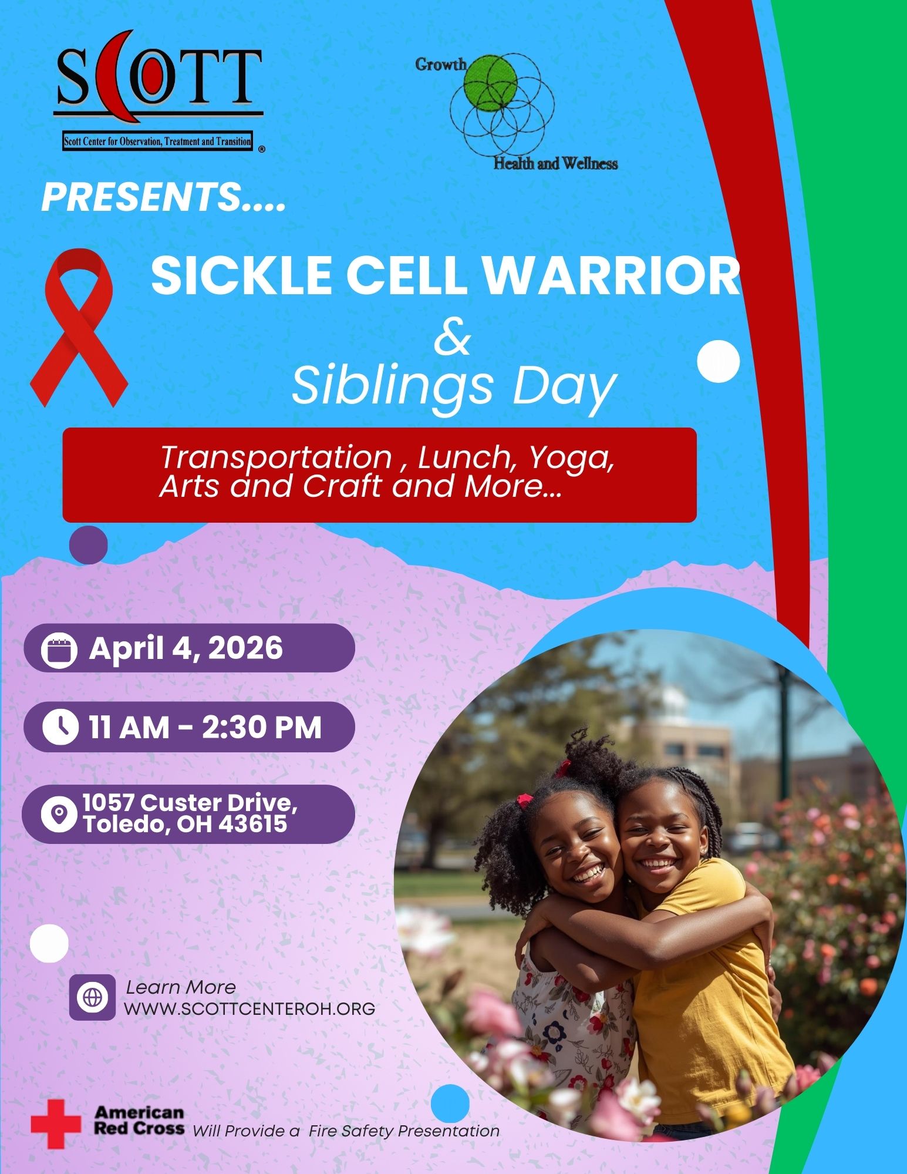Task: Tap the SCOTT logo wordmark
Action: click(x=159, y=78)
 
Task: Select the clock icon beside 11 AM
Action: click(x=60, y=727)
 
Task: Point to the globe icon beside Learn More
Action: click(x=92, y=997)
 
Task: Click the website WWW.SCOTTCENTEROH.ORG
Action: click(x=249, y=1008)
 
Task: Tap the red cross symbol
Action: click(x=56, y=1124)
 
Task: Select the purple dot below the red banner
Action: click(x=89, y=545)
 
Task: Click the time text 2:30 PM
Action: click(x=261, y=728)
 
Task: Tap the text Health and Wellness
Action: click(x=555, y=163)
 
